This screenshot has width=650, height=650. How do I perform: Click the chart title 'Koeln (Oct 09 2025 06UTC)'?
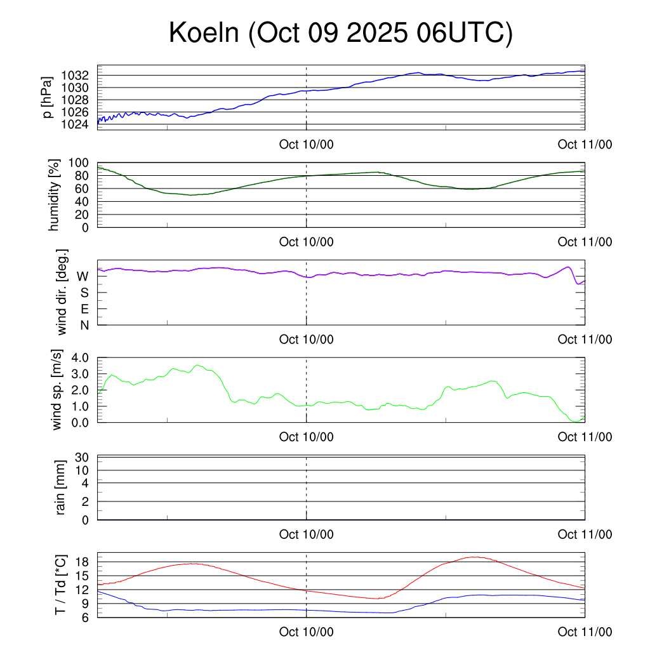coord(340,34)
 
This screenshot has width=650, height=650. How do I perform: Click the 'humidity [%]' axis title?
coord(55,195)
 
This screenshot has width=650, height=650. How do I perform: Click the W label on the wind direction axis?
coord(83,276)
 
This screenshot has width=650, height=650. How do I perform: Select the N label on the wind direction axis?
coord(83,325)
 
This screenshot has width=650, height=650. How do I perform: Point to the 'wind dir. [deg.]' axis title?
coord(62,292)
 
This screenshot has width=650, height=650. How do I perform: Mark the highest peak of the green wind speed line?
coord(198,365)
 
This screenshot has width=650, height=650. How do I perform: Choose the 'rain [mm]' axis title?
coord(61,487)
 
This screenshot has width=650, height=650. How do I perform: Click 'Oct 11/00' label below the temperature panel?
coord(585,632)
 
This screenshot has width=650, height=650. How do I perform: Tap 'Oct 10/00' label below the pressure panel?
coord(306,145)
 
